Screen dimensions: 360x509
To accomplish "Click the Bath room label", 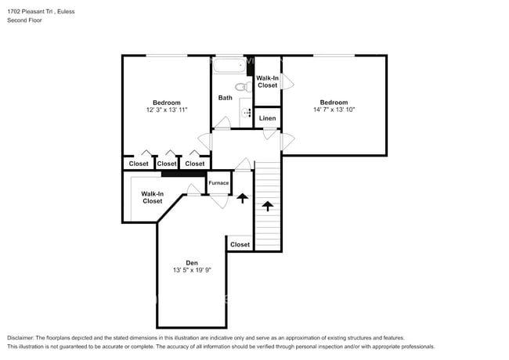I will pos(225,98).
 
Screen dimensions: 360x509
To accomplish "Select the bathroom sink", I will pos(247,113).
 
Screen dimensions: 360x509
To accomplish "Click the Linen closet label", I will pos(268,118).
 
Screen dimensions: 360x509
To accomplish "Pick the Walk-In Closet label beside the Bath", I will pos(268,81).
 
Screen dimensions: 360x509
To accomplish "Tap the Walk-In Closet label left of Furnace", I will pos(152,197).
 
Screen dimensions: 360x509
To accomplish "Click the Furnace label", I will pos(218,183).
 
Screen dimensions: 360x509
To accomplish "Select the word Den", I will pos(192,262).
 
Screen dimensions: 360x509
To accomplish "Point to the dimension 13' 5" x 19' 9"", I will pos(192,271).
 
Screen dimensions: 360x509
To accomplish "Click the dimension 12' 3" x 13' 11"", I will pos(166,111).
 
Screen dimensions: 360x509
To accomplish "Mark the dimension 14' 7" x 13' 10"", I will pos(334,110).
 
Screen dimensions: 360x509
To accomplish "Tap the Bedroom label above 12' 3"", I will pos(166,103).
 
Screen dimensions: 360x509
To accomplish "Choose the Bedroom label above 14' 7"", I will pos(334,102).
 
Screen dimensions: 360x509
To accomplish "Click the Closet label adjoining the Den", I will pos(240,244).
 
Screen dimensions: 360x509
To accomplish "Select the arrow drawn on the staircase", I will pos(268,206).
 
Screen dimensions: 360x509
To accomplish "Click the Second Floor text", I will pos(25,20).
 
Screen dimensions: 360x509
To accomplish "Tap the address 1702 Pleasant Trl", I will pos(31,11).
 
